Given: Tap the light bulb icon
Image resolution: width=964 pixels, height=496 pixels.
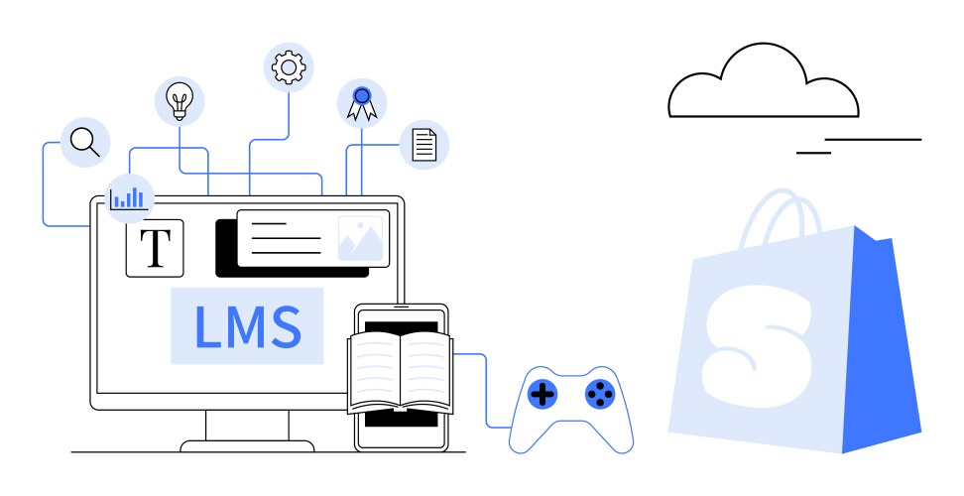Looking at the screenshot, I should click(x=180, y=100).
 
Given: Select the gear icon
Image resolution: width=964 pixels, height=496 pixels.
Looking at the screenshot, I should click(x=289, y=66).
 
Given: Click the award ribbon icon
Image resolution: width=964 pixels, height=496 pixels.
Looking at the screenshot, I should click(x=361, y=102).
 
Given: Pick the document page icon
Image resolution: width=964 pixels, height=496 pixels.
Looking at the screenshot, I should click(x=423, y=145).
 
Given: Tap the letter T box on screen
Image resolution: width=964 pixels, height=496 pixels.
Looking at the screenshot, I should click(x=155, y=247).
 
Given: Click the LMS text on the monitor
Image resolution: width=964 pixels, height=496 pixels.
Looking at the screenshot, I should click(x=247, y=326).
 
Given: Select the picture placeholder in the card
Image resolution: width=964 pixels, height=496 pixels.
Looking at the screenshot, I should click(x=359, y=239).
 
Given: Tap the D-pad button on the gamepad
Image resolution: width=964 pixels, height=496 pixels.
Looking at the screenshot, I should click(x=542, y=395).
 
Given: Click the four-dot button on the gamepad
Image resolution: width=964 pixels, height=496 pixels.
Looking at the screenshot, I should click(x=599, y=395).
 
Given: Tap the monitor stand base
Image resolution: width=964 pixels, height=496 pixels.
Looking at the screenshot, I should click(x=247, y=445).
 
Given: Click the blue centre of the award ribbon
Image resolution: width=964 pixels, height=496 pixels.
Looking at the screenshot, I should click(x=361, y=96).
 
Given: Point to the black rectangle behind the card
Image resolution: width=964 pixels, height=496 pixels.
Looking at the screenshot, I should click(x=225, y=253).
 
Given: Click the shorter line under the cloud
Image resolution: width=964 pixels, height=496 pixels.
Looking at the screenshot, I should click(x=813, y=153).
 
